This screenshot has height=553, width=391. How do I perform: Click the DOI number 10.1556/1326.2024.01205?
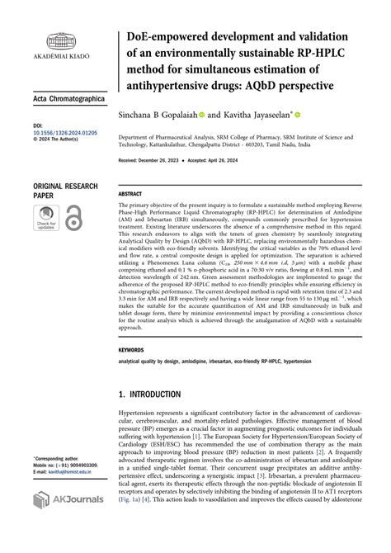[67, 130]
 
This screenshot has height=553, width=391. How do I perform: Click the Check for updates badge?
[46, 219]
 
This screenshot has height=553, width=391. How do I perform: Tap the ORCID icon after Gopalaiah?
[200, 116]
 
